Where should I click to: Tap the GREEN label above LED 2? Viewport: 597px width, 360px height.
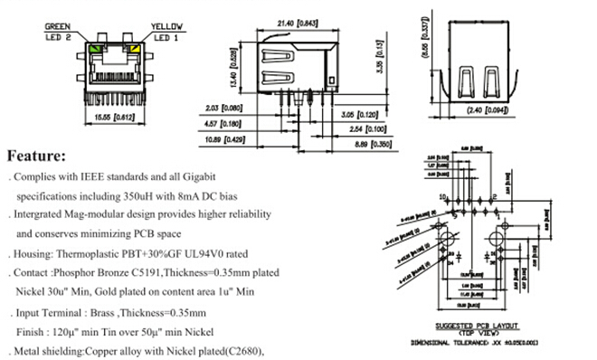tap(59, 26)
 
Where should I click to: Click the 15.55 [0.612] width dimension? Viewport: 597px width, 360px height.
tap(115, 118)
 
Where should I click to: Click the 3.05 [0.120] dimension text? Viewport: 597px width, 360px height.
tap(359, 117)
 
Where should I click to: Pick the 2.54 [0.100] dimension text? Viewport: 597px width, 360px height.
tap(359, 129)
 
